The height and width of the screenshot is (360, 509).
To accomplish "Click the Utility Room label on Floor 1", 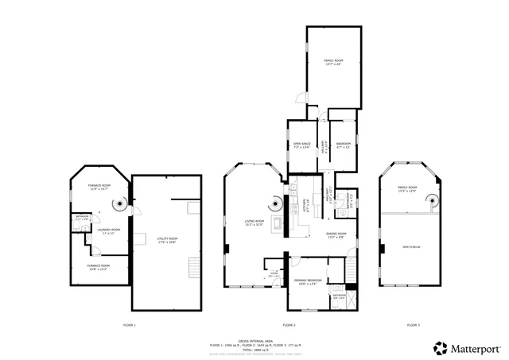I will tap(167, 239).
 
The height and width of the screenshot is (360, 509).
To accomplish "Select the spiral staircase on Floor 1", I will tap(117, 205).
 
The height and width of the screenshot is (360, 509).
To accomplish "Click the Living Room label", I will tap(254, 223).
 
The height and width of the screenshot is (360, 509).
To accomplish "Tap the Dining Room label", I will tap(336, 235).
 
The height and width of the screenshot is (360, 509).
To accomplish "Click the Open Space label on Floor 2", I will tap(301, 145).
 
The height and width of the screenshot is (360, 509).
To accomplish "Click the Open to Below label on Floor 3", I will tap(411, 247).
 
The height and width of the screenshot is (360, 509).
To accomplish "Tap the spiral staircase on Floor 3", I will tap(432, 202).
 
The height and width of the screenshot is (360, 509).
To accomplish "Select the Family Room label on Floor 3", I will tap(407, 189).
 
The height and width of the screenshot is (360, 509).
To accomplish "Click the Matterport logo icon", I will tap(439, 347).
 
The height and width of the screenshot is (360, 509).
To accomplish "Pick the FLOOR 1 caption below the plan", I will tap(130, 326).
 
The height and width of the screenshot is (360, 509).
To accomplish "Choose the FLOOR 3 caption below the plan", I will tap(413, 326).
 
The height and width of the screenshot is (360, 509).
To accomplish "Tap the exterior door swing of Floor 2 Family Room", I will tap(298, 101).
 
